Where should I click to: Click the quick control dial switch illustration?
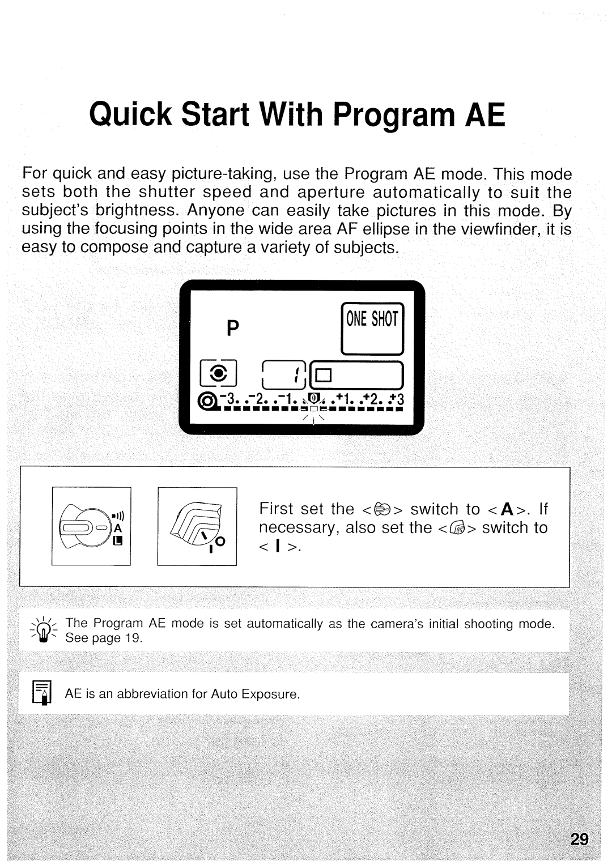(195, 526)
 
